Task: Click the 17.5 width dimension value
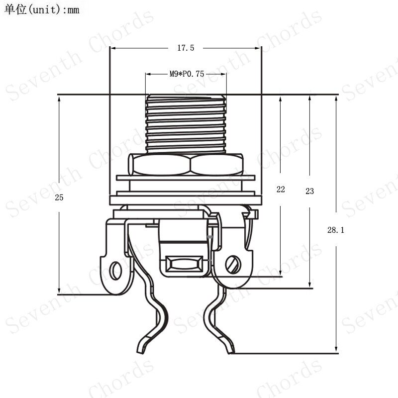pos(186,48)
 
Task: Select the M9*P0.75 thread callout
pos(187,74)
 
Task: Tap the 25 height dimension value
pos(59,197)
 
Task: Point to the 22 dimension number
pos(281,189)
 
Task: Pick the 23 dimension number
pos(309,191)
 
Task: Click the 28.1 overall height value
pos(335,230)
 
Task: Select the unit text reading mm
pos(73,10)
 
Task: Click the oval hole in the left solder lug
pos(115,271)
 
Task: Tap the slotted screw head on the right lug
pos(233,265)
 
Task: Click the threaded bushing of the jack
pos(186,124)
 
